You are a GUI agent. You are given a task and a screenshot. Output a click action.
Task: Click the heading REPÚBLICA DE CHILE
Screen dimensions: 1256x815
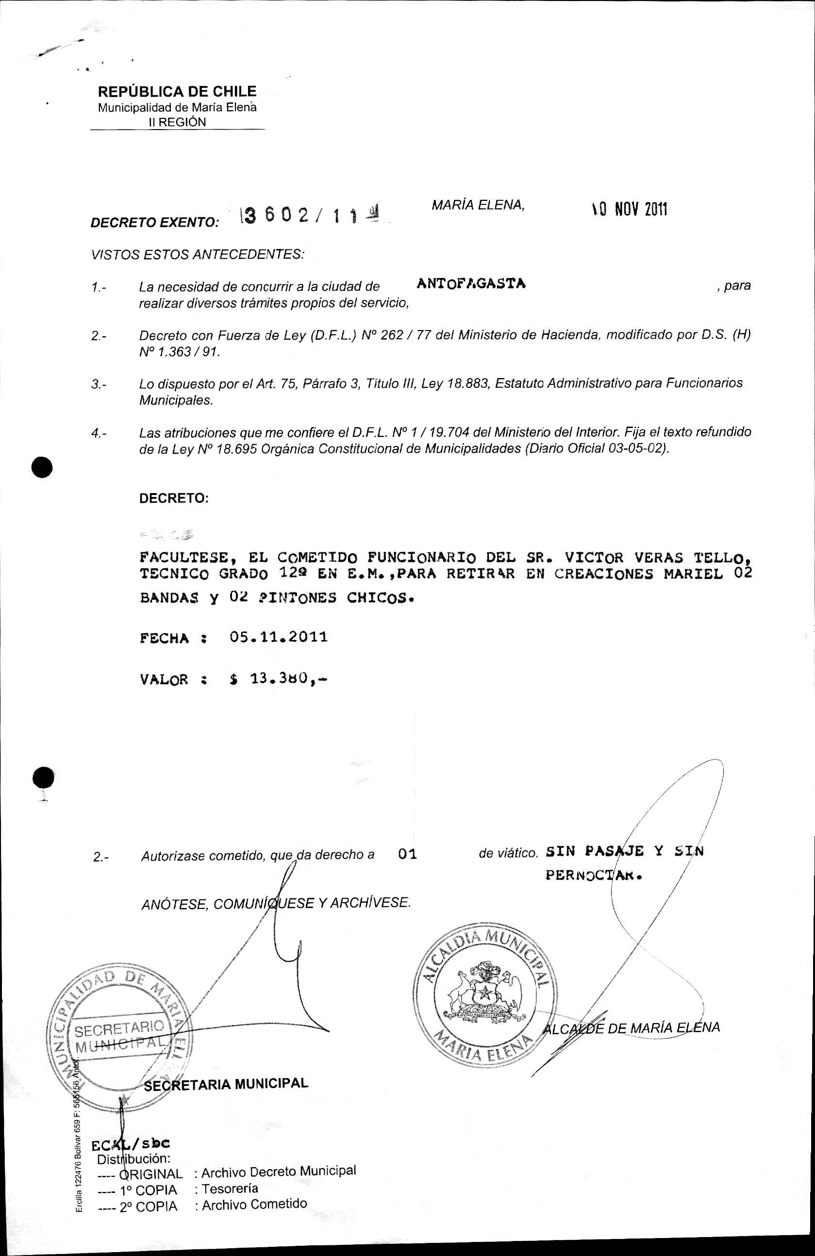[177, 91]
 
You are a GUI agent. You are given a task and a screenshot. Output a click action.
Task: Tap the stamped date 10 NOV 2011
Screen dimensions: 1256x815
[629, 210]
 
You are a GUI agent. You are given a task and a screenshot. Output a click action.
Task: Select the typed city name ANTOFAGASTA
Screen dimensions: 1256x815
[471, 283]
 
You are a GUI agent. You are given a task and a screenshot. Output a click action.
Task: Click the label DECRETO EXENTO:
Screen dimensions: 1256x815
[155, 223]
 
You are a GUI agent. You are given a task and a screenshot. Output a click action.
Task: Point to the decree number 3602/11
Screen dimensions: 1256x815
[306, 215]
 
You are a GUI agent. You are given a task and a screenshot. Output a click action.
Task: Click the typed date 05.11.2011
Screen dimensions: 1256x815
[279, 637]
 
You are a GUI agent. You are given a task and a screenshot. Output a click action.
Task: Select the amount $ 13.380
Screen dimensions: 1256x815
[278, 678]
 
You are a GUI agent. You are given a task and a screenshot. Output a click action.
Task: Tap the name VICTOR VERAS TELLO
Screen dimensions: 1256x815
[657, 557]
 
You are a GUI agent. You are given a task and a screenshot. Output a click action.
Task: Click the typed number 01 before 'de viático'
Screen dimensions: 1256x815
[408, 854]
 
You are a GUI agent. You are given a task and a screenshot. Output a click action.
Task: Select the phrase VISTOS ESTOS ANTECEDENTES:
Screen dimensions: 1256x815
[198, 254]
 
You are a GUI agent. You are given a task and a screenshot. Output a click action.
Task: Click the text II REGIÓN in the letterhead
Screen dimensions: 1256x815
[177, 122]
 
